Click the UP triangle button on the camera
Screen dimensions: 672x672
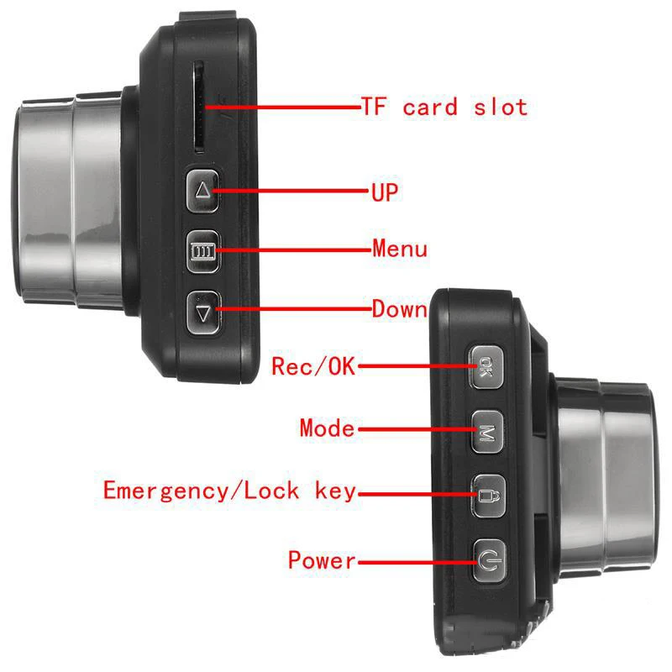point(202,191)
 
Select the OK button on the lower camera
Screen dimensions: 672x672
point(486,368)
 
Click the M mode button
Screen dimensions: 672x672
point(486,432)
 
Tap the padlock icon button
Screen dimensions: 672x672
point(486,494)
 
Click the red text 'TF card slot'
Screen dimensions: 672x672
point(444,108)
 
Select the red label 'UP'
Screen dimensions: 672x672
point(385,192)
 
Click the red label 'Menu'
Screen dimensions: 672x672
point(400,249)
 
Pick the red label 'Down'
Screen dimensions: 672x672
point(400,309)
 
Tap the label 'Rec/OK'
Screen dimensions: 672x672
point(313,367)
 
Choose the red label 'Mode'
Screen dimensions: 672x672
point(327,428)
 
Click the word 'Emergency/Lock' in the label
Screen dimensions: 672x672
point(202,491)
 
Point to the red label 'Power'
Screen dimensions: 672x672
point(322,559)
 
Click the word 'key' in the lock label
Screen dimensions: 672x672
point(330,491)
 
